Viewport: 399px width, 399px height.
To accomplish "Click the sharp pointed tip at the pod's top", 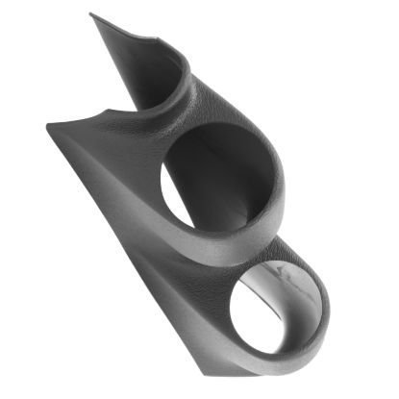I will click(92, 15).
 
